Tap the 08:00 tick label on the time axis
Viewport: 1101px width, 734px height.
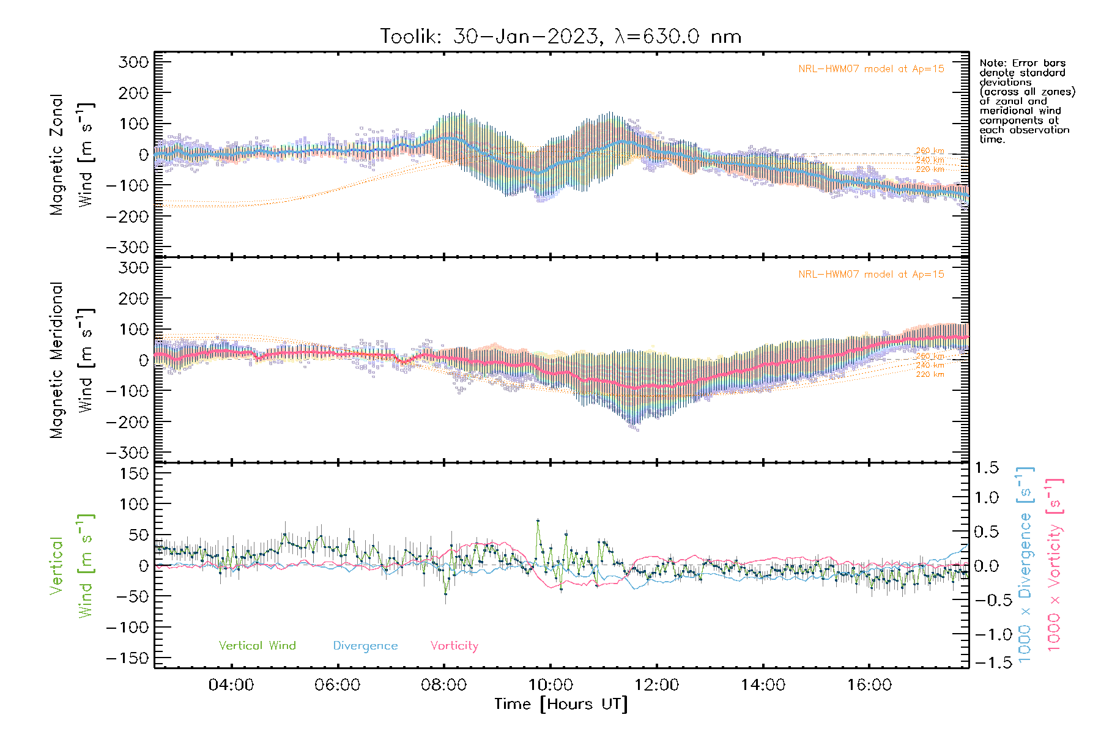[x=443, y=685]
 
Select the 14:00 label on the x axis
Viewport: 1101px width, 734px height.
[x=763, y=685]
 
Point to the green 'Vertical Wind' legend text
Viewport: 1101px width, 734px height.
[x=257, y=646]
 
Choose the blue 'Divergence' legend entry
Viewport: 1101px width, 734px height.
[x=365, y=646]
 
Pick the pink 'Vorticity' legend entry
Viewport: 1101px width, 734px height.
[x=454, y=646]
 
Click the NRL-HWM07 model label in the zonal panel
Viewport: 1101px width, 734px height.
[x=871, y=69]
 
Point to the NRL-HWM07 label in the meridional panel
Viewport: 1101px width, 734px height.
[x=871, y=275]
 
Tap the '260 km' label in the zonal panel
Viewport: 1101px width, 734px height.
[x=930, y=151]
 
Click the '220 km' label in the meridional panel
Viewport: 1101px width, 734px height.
[x=930, y=374]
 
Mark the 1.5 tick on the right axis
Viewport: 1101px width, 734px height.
[x=986, y=468]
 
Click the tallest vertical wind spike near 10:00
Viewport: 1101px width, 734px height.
[x=538, y=521]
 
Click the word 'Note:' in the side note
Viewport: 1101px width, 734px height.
[x=991, y=63]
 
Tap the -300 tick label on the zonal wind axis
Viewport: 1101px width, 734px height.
[x=127, y=248]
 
